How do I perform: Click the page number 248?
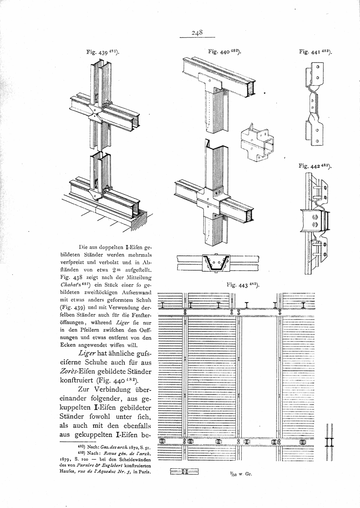197,33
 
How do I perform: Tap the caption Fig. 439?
103,52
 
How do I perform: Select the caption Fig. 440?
225,52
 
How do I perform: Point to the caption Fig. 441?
315,52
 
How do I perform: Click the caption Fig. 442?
315,166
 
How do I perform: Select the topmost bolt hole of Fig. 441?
318,67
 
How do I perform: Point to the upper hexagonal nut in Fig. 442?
315,217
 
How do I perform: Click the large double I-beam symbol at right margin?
330,441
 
